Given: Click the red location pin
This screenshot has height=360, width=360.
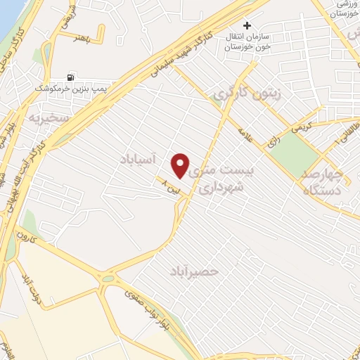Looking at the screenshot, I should (181, 165).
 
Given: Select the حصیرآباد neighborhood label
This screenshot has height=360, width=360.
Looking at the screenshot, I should (195, 271).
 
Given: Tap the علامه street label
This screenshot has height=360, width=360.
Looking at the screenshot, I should (245, 134).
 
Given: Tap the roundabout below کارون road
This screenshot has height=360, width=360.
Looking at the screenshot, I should (107, 278).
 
